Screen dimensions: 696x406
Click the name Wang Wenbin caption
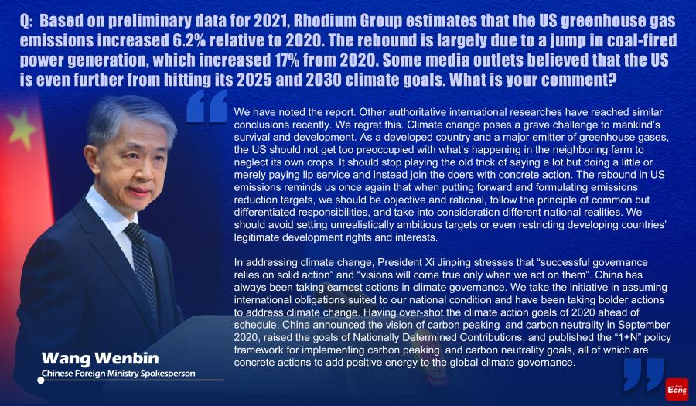point(100,358)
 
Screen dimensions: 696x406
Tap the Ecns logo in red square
point(677,389)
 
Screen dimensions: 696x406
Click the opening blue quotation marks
point(206,106)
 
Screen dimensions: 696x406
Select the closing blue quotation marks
point(643,374)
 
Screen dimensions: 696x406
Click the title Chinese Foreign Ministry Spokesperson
point(118,374)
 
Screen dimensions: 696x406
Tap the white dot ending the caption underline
point(41,380)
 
